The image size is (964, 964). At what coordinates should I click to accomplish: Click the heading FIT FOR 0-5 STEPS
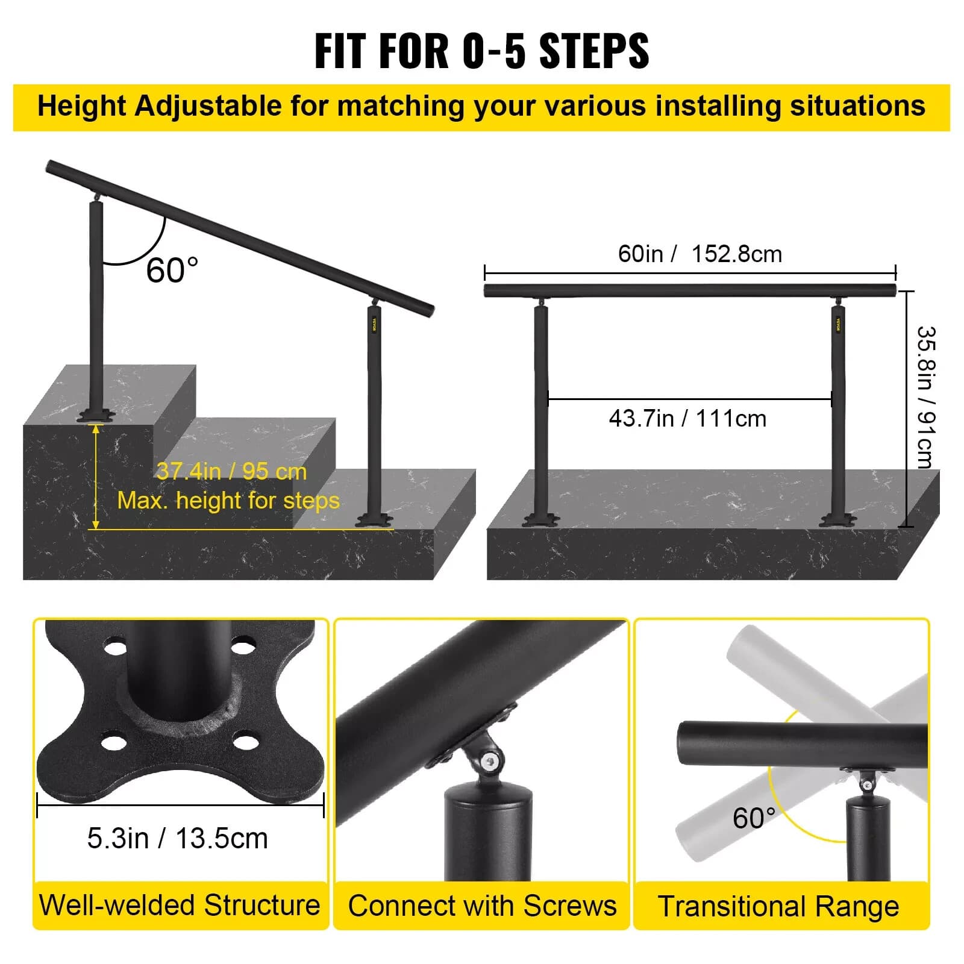[481, 51]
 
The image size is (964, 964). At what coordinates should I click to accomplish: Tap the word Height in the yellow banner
[82, 106]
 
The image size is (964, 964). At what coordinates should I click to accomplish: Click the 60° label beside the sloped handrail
[172, 270]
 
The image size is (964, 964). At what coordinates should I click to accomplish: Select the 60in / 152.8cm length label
[700, 254]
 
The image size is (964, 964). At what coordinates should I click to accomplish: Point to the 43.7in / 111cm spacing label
[687, 418]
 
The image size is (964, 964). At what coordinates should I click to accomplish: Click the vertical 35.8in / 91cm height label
[925, 397]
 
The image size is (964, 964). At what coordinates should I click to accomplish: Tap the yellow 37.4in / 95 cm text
[232, 471]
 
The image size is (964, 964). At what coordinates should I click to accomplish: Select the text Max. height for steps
[228, 501]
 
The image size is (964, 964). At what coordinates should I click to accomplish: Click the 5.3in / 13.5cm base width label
[178, 838]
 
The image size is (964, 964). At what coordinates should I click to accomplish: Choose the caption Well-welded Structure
[180, 905]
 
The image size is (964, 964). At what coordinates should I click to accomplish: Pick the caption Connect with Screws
[482, 906]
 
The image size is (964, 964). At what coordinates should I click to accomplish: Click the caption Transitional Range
[778, 907]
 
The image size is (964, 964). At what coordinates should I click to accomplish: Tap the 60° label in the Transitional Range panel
[753, 818]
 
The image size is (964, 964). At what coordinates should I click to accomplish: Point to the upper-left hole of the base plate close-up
[115, 649]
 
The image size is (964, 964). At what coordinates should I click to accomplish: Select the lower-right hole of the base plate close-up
[246, 741]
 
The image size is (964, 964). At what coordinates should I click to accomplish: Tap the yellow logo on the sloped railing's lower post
[374, 325]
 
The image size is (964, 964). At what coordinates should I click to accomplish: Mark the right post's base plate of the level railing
[838, 519]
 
